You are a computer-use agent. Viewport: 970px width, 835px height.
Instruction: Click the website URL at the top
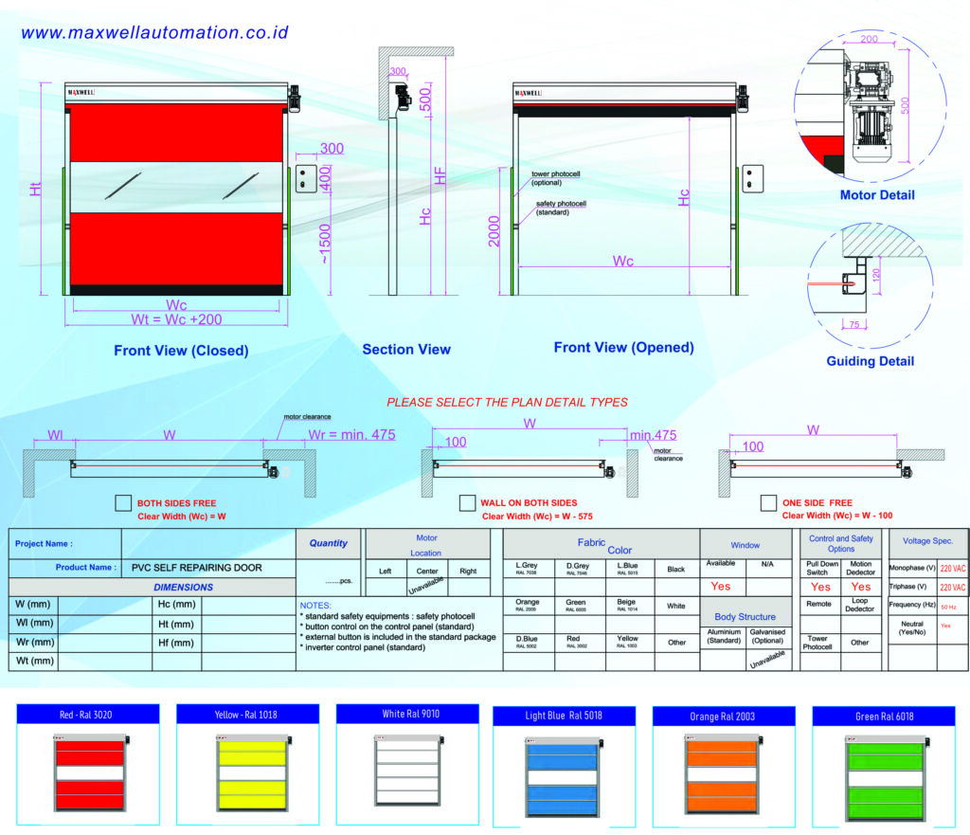(x=154, y=32)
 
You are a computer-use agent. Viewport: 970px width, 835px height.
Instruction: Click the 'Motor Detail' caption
(x=877, y=195)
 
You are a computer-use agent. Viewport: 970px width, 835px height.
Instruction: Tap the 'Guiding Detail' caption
(x=871, y=361)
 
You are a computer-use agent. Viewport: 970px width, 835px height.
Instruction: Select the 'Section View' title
(x=406, y=350)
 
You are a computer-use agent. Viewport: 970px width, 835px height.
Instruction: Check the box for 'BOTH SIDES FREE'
(x=122, y=503)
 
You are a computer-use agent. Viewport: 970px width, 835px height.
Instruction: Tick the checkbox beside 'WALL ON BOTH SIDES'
(x=467, y=502)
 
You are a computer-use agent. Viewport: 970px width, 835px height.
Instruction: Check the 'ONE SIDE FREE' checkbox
(x=768, y=502)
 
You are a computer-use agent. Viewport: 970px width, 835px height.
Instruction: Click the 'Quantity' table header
(x=329, y=544)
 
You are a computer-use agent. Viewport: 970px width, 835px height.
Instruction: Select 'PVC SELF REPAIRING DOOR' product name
(x=197, y=569)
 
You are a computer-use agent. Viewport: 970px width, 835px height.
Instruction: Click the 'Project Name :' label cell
(x=45, y=544)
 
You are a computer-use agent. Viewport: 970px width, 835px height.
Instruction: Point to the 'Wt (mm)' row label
(x=34, y=661)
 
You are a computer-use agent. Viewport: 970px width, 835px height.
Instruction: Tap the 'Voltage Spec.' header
(x=927, y=541)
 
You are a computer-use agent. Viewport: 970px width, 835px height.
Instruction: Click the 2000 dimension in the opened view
(x=494, y=231)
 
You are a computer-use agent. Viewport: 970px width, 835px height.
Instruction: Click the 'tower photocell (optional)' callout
(x=553, y=179)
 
